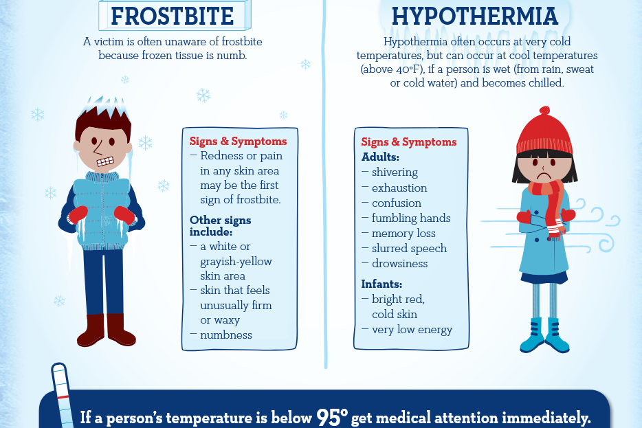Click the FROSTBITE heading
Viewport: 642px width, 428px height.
172,16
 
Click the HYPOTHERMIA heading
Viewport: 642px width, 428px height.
474,16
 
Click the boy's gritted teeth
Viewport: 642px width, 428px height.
105,161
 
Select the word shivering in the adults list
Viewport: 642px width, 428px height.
395,172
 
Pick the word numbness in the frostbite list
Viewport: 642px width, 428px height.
226,335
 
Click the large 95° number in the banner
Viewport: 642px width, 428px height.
332,417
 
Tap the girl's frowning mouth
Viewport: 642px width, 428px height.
543,175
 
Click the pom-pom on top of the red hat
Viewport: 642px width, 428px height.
544,111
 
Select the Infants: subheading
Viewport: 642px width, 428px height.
381,284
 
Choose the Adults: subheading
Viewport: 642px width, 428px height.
380,157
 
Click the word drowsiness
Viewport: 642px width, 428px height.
399,264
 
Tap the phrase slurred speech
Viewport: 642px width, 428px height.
409,249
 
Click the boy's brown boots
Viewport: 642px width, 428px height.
107,330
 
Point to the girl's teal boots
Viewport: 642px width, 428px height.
544,335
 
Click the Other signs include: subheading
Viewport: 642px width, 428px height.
220,226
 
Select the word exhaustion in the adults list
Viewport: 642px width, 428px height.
399,188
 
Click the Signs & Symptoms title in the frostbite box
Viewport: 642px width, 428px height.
238,142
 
